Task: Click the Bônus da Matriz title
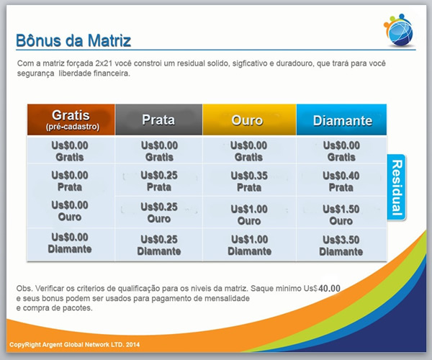tap(73, 40)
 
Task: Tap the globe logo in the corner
tap(399, 30)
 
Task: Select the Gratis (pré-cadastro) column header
tap(71, 120)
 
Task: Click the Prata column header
tap(158, 120)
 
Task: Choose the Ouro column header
tap(249, 120)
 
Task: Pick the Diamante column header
tap(341, 120)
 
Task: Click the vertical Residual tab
tap(397, 188)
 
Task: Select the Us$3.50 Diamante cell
tap(341, 246)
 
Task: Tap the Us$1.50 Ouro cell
tap(341, 215)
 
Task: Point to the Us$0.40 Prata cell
tap(341, 181)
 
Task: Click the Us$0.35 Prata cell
tap(249, 181)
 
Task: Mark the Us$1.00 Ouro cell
tap(249, 215)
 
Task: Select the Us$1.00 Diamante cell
tap(249, 245)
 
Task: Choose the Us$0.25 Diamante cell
tap(159, 245)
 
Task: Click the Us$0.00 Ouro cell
tap(70, 211)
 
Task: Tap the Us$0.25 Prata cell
tap(159, 181)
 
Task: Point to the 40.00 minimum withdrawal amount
tap(329, 289)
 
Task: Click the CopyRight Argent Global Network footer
tap(74, 345)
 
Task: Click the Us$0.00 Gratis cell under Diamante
tap(341, 151)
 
